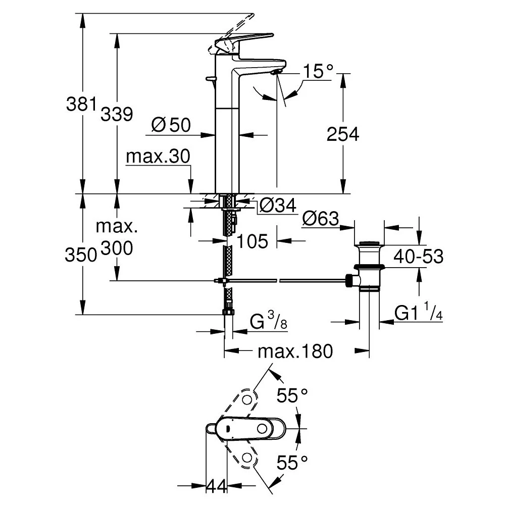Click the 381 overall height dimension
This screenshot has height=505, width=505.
[81, 105]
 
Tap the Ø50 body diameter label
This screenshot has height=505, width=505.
[171, 125]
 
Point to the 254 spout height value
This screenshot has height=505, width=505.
[343, 134]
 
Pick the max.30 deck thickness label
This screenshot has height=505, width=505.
[158, 157]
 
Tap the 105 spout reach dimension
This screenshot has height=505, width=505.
[252, 241]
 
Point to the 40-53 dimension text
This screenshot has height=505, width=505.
[419, 257]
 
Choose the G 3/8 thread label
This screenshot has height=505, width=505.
[268, 321]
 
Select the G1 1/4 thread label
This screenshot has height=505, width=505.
[419, 313]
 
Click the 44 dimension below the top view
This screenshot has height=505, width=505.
[218, 486]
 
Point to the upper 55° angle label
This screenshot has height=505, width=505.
[292, 395]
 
